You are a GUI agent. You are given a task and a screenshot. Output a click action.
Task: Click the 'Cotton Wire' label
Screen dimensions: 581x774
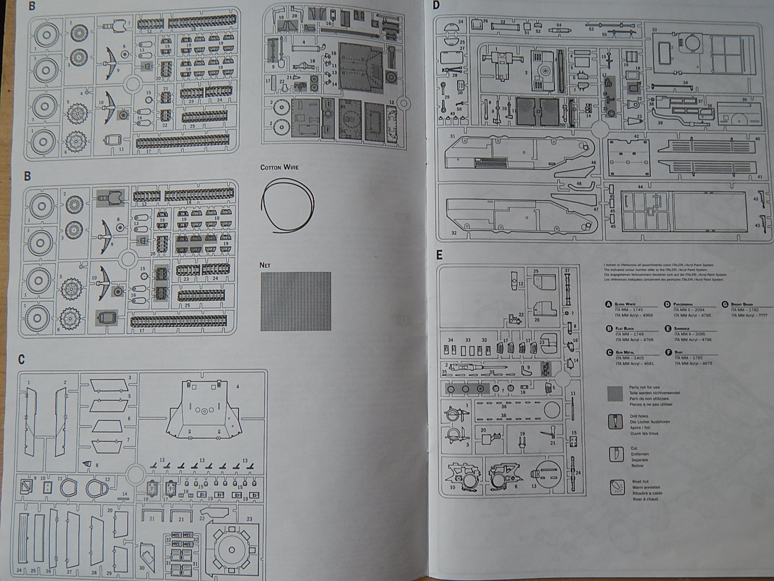[279, 167]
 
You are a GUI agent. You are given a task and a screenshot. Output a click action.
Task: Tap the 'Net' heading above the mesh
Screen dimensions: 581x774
[265, 265]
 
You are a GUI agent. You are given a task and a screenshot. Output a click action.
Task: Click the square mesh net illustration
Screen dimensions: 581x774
[296, 302]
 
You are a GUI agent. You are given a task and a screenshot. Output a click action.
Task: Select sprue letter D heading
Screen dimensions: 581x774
[436, 6]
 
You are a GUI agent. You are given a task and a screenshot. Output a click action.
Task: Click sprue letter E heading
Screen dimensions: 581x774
[439, 255]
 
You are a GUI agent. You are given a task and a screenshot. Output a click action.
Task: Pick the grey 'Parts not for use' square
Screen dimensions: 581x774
[615, 394]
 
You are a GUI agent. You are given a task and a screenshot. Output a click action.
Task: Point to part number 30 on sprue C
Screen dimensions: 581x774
[142, 567]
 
